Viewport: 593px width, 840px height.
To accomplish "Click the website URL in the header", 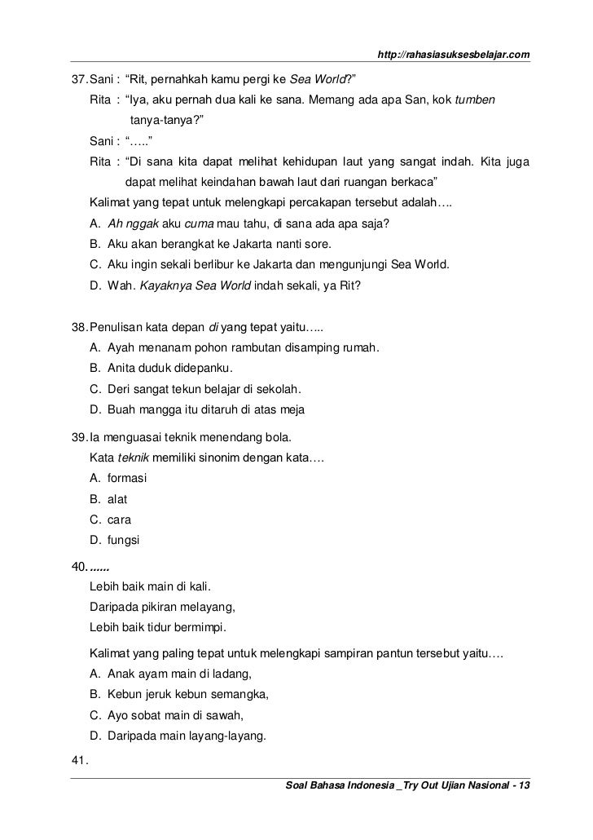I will (455, 55).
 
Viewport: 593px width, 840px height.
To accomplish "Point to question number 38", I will (79, 328).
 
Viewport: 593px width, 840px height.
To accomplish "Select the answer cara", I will (119, 519).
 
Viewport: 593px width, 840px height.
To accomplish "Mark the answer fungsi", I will (124, 540).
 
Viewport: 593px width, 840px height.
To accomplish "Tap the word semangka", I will (239, 695).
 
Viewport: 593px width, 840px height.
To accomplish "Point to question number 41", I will (79, 762).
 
